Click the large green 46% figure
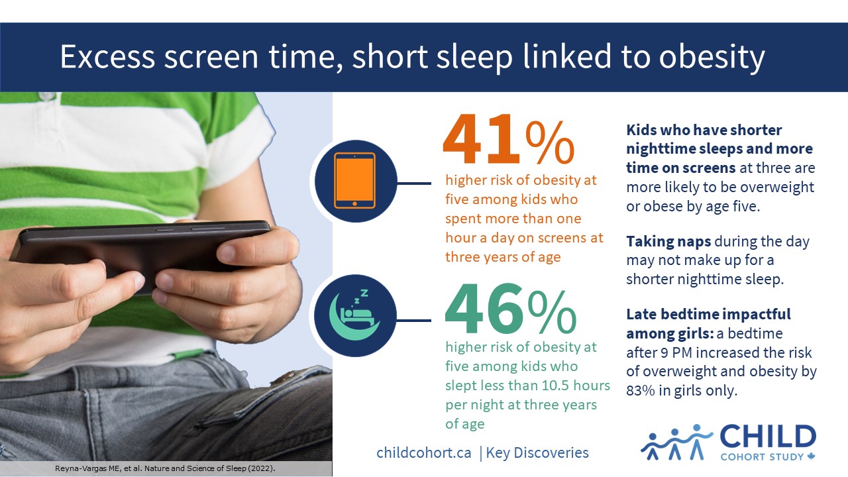point(510,309)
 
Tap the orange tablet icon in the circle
point(354,180)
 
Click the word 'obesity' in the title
point(711,58)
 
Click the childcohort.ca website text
point(424,453)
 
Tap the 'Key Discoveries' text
point(537,453)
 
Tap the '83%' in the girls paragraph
point(639,391)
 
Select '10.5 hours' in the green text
point(574,385)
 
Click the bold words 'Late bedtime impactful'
point(708,314)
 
